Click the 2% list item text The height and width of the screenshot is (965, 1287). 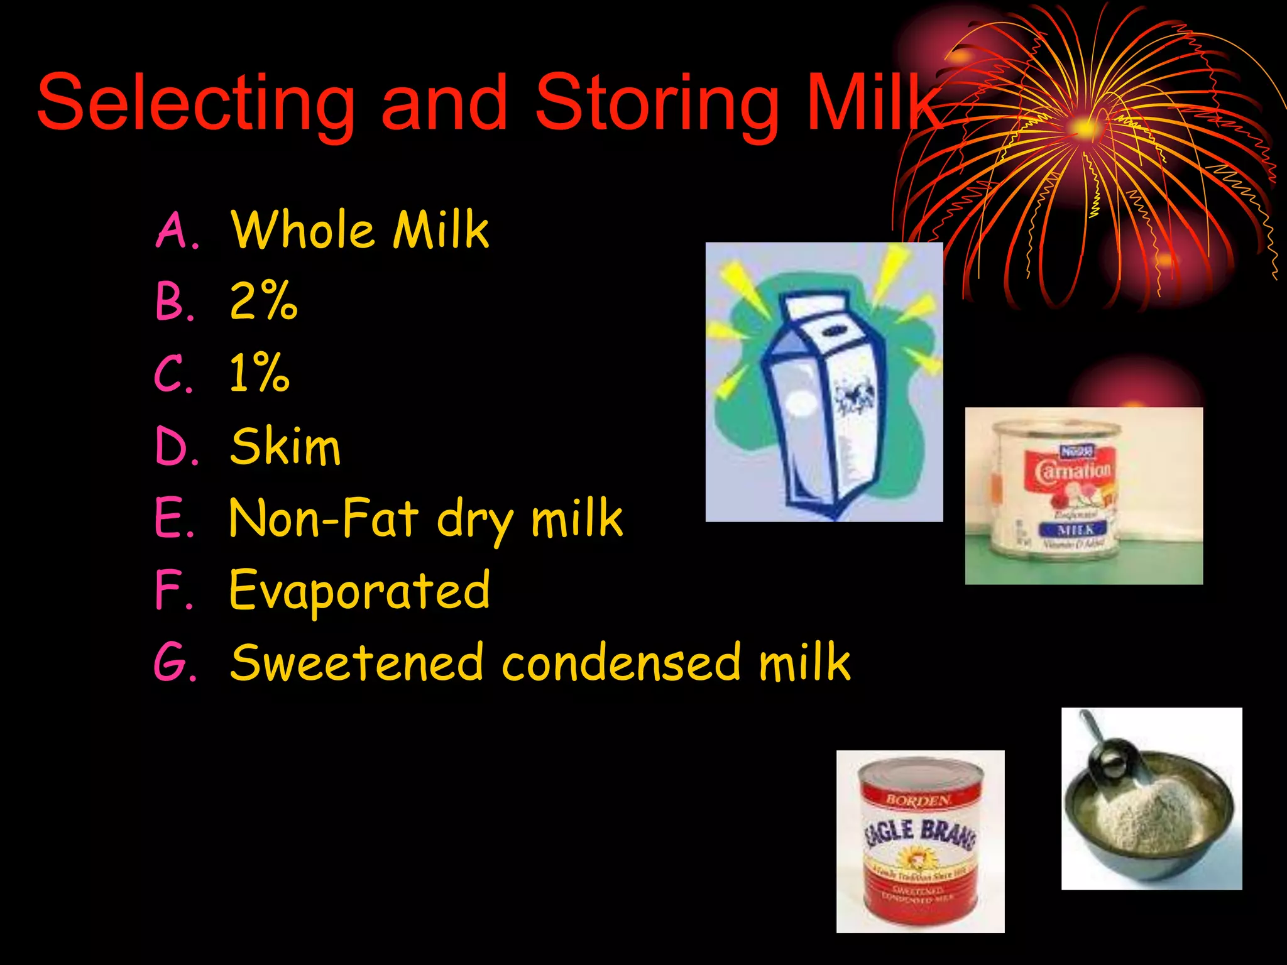pyautogui.click(x=263, y=302)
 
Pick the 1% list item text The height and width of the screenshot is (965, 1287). pyautogui.click(x=260, y=374)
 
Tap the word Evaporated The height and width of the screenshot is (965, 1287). pyautogui.click(x=359, y=591)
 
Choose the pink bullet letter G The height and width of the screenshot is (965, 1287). pyautogui.click(x=174, y=663)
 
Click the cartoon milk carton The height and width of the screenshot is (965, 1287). pyautogui.click(x=823, y=402)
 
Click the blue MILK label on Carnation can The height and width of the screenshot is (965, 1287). pyautogui.click(x=1075, y=530)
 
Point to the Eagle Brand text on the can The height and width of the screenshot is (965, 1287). pyautogui.click(x=921, y=832)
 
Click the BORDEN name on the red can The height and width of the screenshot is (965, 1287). pyautogui.click(x=918, y=800)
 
